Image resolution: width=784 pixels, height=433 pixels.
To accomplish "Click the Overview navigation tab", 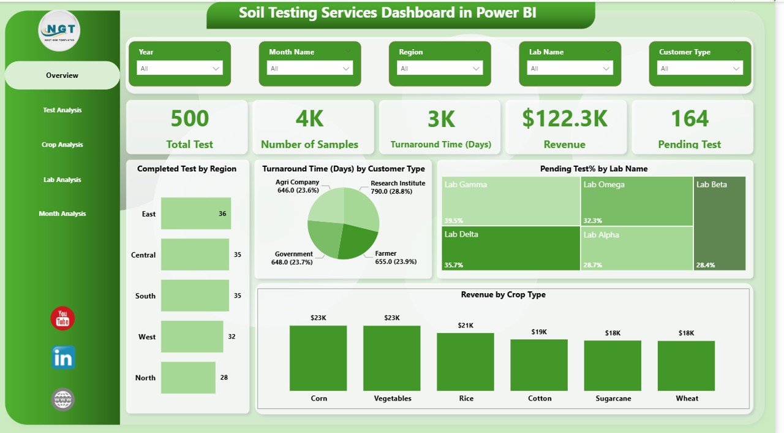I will tap(62, 75).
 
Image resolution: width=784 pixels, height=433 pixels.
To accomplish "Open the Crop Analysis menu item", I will tap(62, 145).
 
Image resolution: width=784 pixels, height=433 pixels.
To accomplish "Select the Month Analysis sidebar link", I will tap(62, 214).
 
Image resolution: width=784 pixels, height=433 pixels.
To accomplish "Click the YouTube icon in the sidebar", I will tap(62, 318).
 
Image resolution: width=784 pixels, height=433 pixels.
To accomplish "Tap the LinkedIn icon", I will tap(63, 358).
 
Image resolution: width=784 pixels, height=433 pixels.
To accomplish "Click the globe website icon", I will tap(63, 399).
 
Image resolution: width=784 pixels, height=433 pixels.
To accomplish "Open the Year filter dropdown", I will tap(179, 69).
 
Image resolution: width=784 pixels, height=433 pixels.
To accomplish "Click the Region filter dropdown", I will tap(440, 69).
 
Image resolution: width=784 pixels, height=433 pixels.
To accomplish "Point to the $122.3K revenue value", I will tap(564, 119).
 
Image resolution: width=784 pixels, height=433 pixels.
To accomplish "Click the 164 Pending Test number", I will tap(690, 119).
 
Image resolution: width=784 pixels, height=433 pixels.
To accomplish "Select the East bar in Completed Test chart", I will tap(195, 213).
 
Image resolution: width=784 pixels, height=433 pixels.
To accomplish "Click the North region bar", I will tap(188, 377).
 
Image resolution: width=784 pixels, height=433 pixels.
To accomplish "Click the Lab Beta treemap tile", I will tap(720, 224).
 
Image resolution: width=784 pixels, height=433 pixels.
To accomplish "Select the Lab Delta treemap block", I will tap(511, 248).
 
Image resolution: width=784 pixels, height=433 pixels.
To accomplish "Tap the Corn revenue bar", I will tap(318, 358).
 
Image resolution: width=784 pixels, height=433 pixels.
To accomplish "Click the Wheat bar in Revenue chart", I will tap(686, 366).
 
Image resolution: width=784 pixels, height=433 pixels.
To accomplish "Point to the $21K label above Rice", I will tap(466, 324).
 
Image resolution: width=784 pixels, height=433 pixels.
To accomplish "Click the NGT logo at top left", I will tap(59, 31).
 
